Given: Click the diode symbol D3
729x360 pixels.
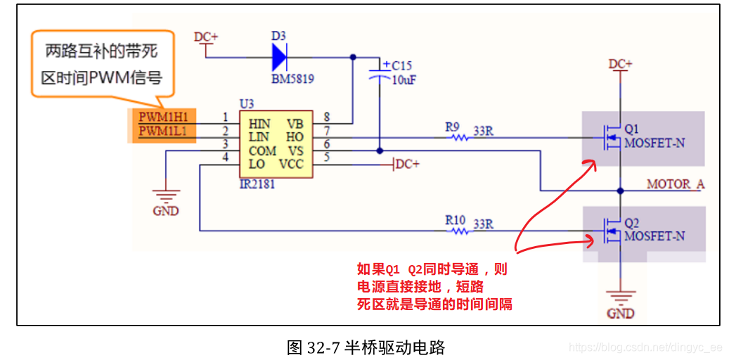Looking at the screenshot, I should click(x=280, y=57).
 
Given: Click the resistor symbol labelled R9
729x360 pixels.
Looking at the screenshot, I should click(x=460, y=137).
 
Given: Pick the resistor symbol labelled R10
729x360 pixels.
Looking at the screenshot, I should click(x=459, y=230).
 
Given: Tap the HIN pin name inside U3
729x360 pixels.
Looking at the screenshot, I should click(x=259, y=124).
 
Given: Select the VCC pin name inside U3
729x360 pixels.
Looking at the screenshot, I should click(x=290, y=164).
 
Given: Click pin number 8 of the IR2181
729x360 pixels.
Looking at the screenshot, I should click(x=326, y=117).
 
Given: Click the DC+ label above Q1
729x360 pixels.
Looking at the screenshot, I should click(x=620, y=64).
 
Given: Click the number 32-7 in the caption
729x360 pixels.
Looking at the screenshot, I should click(x=324, y=347).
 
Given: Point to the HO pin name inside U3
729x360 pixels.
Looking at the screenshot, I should click(x=295, y=137).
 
